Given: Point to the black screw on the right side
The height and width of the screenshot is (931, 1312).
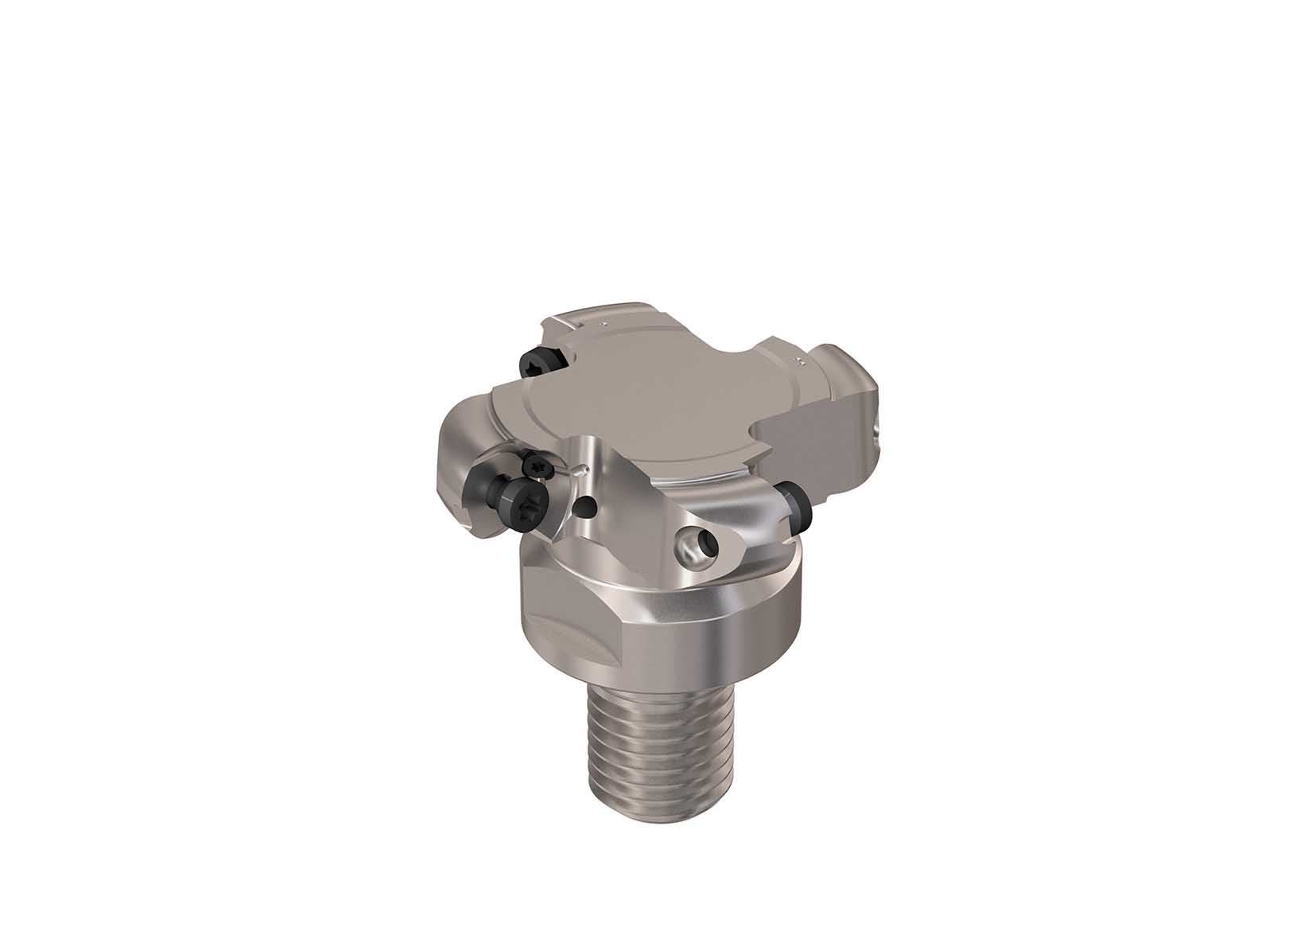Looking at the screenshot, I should pos(794,511).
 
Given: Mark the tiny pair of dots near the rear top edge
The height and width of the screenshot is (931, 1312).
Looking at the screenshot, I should pos(604,325).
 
